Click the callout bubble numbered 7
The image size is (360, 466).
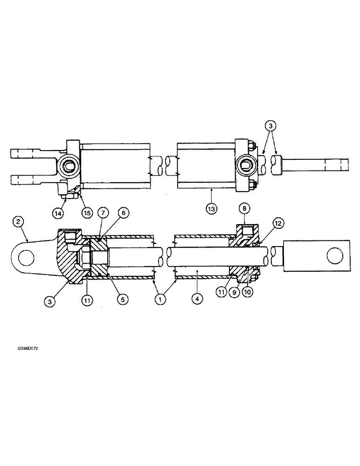coord(104,212)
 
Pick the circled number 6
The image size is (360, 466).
coord(123,212)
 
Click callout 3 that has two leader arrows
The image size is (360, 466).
coord(270,125)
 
